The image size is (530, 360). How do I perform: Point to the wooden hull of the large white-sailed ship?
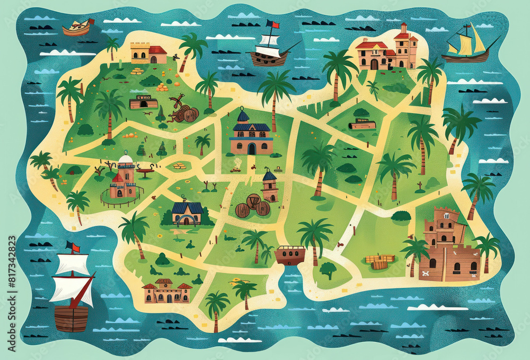[x=71, y=318]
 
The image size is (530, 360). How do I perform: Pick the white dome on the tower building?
[x=126, y=159]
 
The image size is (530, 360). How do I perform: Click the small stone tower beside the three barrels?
[x=270, y=185]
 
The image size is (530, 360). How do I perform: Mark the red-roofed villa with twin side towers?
[x=166, y=291]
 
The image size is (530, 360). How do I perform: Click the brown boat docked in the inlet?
[x=290, y=255]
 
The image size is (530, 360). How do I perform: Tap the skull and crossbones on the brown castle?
[x=425, y=274]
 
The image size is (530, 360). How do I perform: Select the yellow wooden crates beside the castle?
[x=380, y=261]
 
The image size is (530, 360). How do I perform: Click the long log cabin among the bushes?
[x=362, y=125]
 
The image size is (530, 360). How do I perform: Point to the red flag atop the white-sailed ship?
[x=272, y=24]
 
